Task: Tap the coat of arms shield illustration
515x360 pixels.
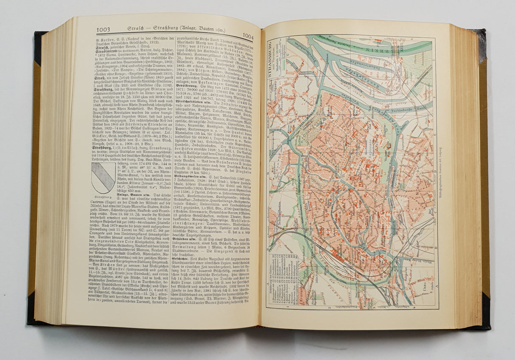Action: click(x=103, y=177)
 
